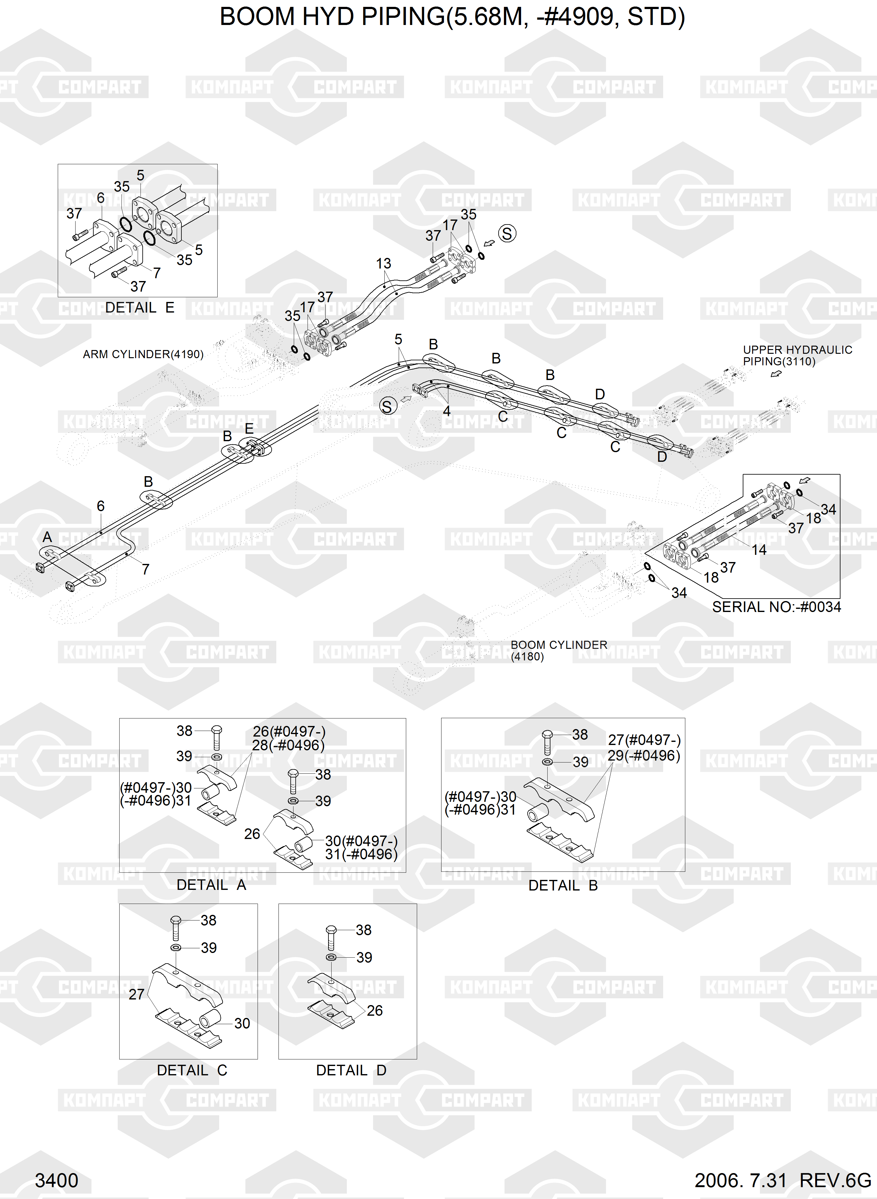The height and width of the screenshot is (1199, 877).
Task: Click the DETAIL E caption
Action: pyautogui.click(x=140, y=308)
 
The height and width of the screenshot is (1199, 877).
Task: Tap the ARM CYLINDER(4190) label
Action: pyautogui.click(x=143, y=354)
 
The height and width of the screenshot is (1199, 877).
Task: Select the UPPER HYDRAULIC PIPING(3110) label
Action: pyautogui.click(x=797, y=356)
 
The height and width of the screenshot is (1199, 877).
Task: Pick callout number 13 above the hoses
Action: pyautogui.click(x=383, y=263)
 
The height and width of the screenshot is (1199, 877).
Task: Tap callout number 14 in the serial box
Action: pyautogui.click(x=759, y=550)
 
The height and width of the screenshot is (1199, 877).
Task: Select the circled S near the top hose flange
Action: pyautogui.click(x=507, y=234)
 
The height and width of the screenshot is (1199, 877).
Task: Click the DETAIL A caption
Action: pyautogui.click(x=211, y=885)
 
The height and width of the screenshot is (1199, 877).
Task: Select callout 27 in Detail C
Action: pyautogui.click(x=136, y=994)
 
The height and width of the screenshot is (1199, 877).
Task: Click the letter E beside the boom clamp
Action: pyautogui.click(x=249, y=429)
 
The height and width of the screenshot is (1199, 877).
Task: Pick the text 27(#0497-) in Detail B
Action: pyautogui.click(x=644, y=740)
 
